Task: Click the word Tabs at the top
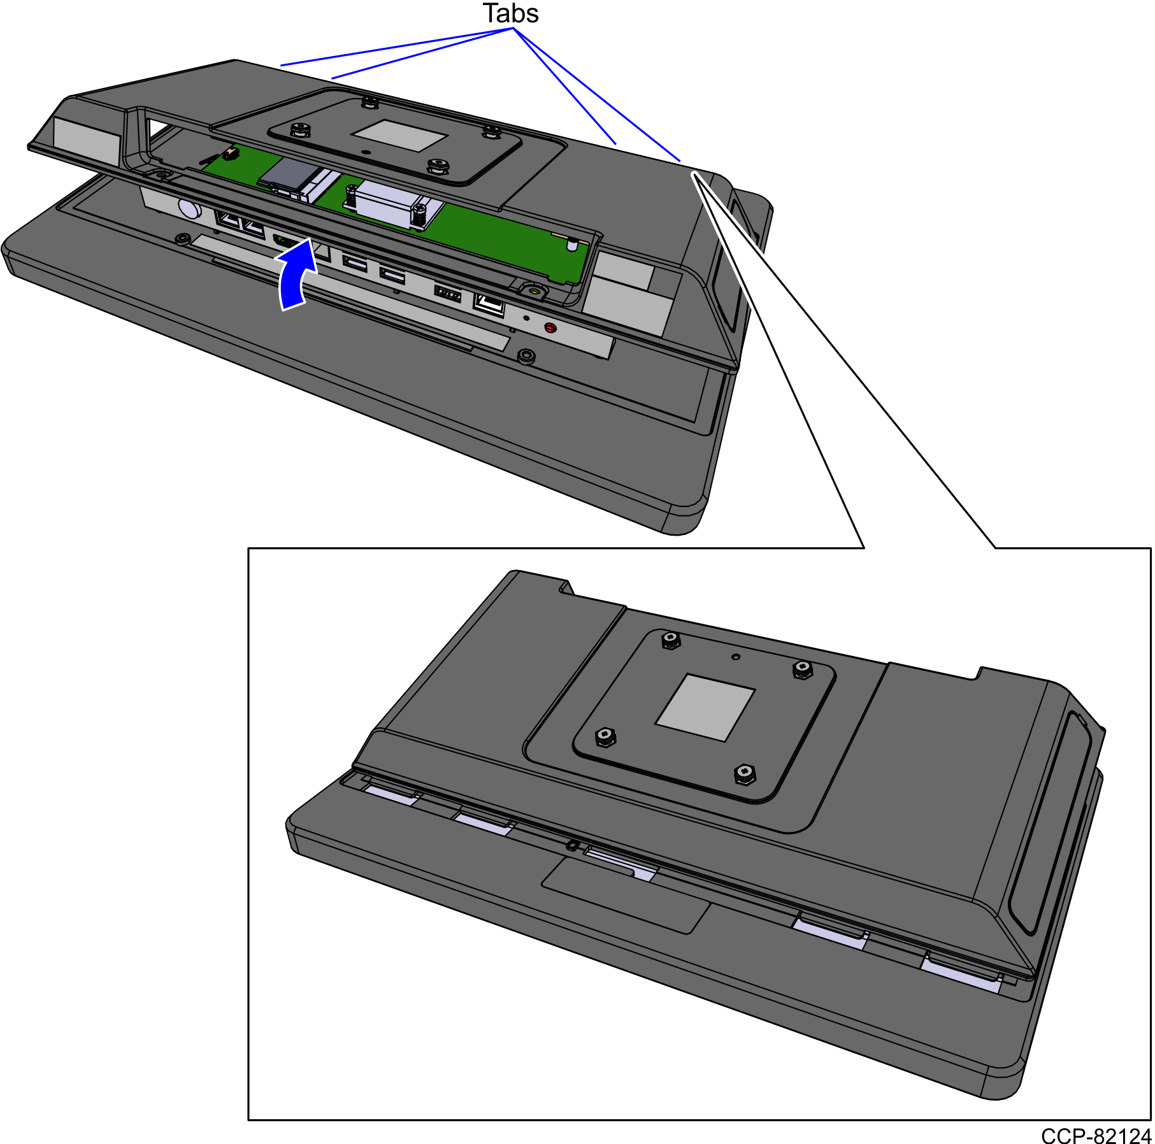[x=510, y=13]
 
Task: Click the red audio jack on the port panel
[x=550, y=328]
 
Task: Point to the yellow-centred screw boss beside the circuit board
[x=533, y=291]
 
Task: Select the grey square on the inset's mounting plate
[x=705, y=707]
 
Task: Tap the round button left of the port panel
[x=189, y=208]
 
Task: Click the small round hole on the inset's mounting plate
[x=736, y=657]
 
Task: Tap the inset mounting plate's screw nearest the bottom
[x=744, y=775]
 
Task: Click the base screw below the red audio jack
[x=526, y=355]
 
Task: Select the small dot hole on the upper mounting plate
[x=364, y=153]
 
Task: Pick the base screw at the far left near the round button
[x=182, y=240]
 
